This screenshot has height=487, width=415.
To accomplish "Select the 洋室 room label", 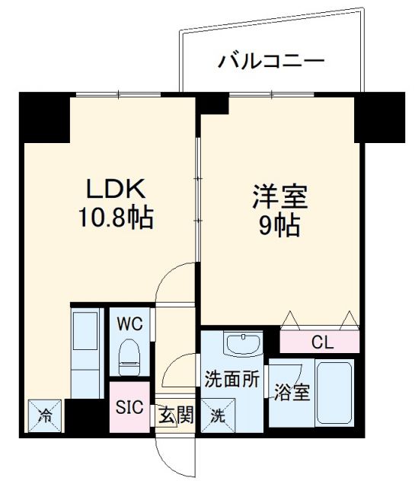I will pos(279,197).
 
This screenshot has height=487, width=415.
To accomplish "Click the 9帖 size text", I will pos(279,225).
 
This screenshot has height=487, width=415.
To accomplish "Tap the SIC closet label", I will pos(128,406).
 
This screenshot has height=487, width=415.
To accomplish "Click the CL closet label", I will pos(321,342).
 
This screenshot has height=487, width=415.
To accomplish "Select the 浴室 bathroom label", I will pos(292,393).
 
